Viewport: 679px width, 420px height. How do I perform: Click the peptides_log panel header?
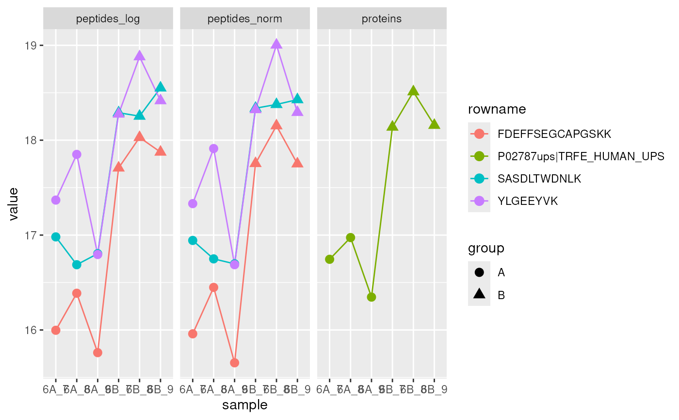(x=108, y=19)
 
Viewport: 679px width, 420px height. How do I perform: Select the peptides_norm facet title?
(x=245, y=19)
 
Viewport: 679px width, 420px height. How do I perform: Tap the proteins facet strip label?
(x=382, y=19)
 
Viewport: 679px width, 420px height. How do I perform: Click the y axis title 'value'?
(x=13, y=204)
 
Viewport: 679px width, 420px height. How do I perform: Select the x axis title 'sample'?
(x=245, y=405)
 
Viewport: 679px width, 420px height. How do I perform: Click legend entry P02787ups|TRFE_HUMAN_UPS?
(x=581, y=156)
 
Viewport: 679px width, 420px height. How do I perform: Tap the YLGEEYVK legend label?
(x=527, y=201)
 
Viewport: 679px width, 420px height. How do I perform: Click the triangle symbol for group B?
(x=479, y=294)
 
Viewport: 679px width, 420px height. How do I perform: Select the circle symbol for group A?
(x=479, y=272)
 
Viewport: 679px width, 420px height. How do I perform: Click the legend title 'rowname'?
(x=497, y=110)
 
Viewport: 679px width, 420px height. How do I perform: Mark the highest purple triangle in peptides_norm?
(x=276, y=44)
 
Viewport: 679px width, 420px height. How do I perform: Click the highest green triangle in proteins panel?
(x=413, y=91)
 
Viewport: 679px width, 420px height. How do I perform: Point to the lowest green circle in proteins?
(x=372, y=297)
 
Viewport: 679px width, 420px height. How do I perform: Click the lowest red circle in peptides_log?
(x=97, y=353)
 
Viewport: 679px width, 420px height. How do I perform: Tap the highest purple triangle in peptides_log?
(x=140, y=56)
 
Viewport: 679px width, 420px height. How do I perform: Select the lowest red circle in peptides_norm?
(x=235, y=363)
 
